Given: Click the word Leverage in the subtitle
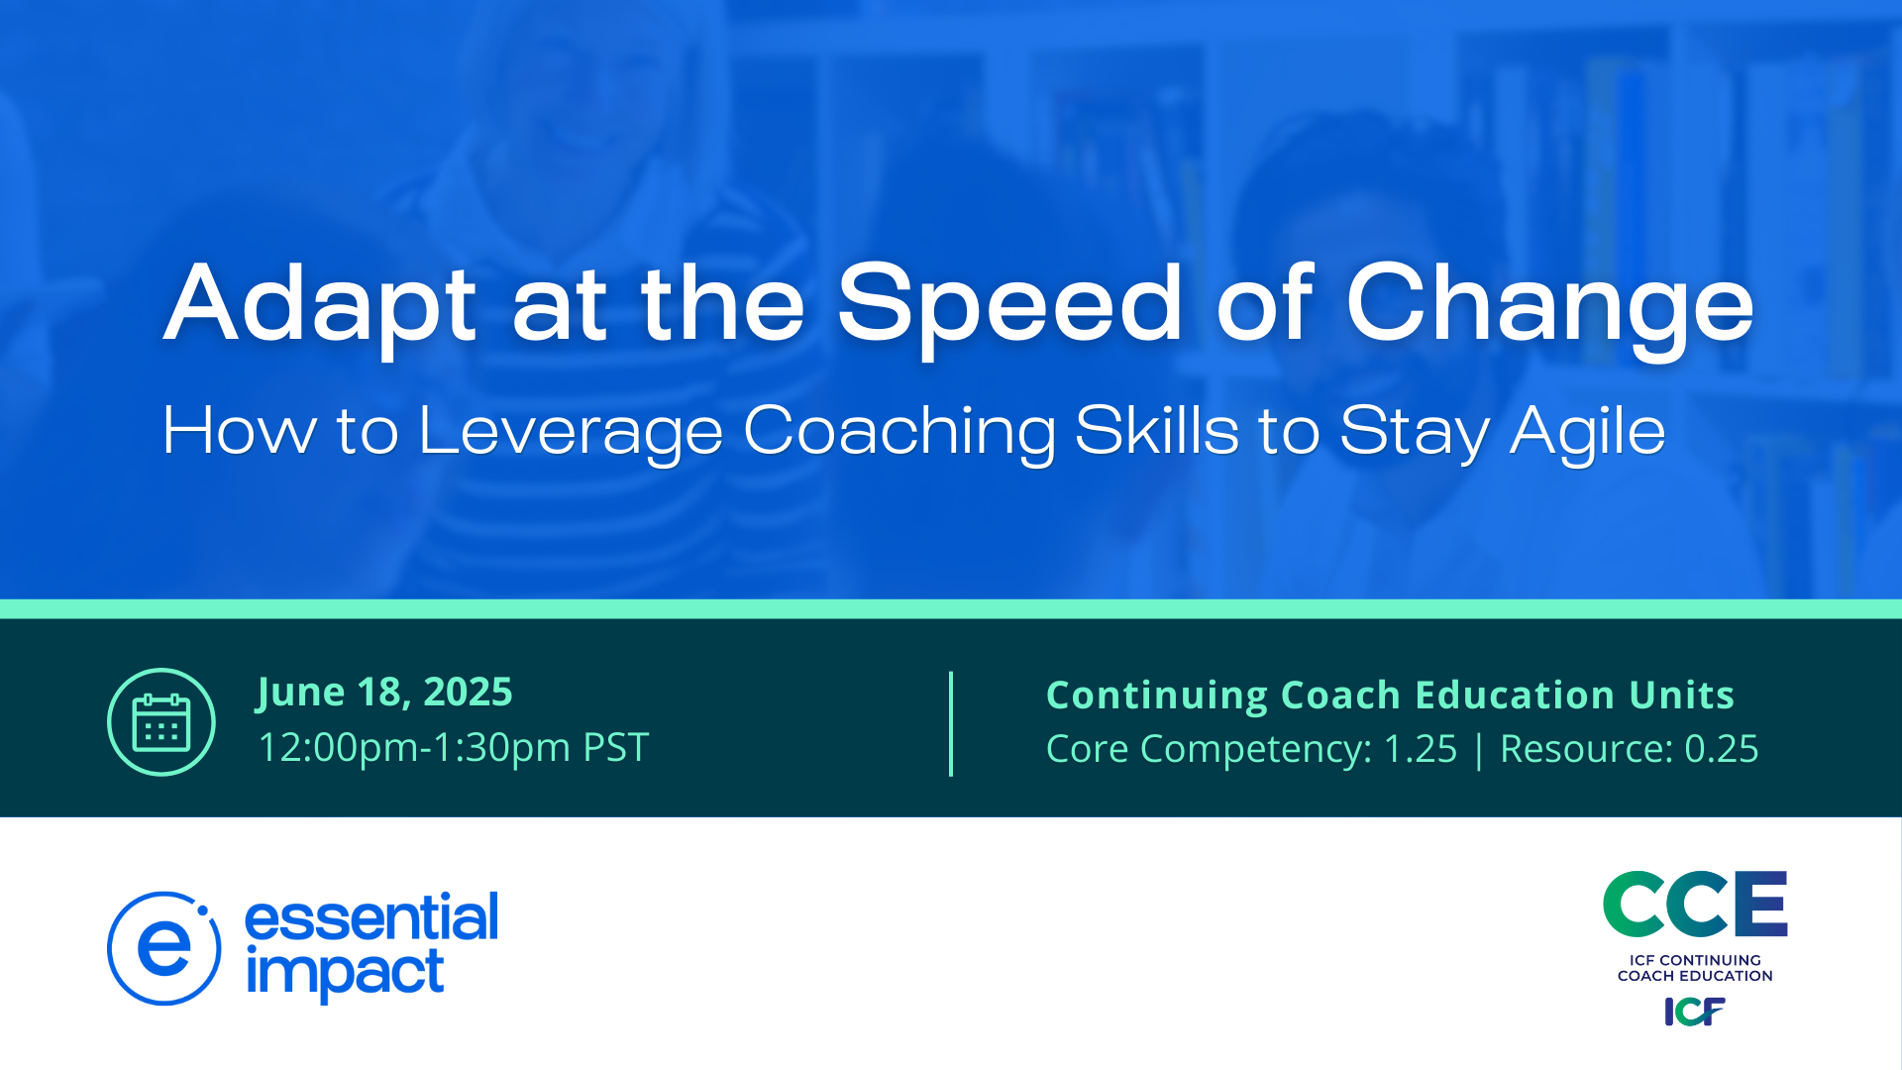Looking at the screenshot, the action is (x=571, y=434).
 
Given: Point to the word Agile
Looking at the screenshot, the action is (x=1587, y=434).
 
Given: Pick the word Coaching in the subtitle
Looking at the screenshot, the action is (x=899, y=434).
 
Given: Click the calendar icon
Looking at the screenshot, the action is (x=161, y=722).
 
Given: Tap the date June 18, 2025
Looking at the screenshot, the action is (x=384, y=693).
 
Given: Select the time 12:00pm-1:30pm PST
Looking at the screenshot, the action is (x=453, y=748).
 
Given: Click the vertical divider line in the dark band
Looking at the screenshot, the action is (x=951, y=724).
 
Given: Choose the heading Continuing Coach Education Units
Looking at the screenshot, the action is (x=1390, y=695).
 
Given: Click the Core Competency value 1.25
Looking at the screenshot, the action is (x=1420, y=749).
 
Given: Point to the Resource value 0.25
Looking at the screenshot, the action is (x=1722, y=749).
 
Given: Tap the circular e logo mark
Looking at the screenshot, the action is (x=163, y=948).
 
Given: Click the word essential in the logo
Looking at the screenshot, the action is (x=371, y=917).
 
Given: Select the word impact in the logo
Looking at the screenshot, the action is (x=344, y=973).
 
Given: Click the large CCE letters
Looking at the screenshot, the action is (x=1695, y=904).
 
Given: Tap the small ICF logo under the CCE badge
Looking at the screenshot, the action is (x=1695, y=1012).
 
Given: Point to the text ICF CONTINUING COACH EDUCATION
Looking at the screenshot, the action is (x=1695, y=968).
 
